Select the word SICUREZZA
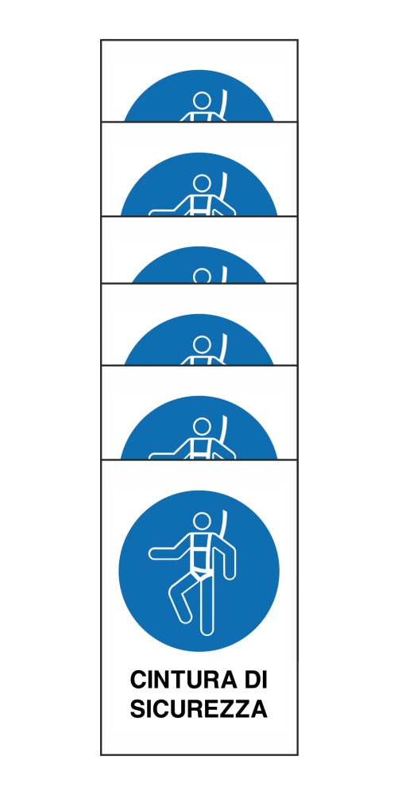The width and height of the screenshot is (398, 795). pyautogui.click(x=199, y=709)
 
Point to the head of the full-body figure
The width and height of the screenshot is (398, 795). pyautogui.click(x=202, y=522)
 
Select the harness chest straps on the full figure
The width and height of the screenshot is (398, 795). pyautogui.click(x=202, y=552)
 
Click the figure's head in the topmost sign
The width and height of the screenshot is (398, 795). pyautogui.click(x=202, y=101)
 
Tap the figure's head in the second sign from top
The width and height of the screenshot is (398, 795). pyautogui.click(x=202, y=184)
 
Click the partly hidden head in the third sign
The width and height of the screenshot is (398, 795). pyautogui.click(x=202, y=277)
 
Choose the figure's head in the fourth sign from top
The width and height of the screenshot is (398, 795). pyautogui.click(x=202, y=344)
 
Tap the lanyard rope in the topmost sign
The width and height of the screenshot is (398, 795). pyautogui.click(x=223, y=105)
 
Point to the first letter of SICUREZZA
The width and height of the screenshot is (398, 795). pyautogui.click(x=138, y=709)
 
